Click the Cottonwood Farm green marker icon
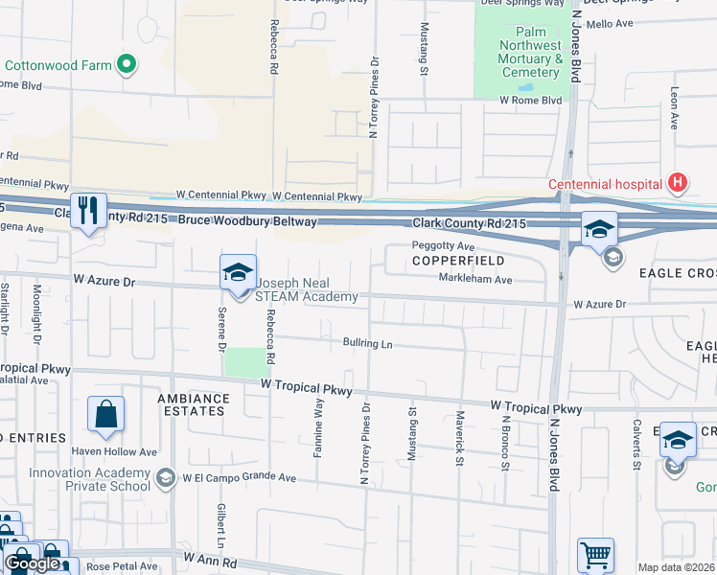pyautogui.click(x=126, y=65)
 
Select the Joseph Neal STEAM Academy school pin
pyautogui.click(x=237, y=275)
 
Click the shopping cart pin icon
pyautogui.click(x=594, y=555)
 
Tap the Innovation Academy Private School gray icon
pyautogui.click(x=166, y=477)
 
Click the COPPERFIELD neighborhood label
pyautogui.click(x=458, y=261)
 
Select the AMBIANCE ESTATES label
pyautogui.click(x=194, y=404)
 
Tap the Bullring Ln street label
pyautogui.click(x=368, y=343)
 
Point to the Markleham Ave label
pyautogui.click(x=475, y=280)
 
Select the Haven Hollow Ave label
pyautogui.click(x=121, y=451)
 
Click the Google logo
pyautogui.click(x=33, y=564)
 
